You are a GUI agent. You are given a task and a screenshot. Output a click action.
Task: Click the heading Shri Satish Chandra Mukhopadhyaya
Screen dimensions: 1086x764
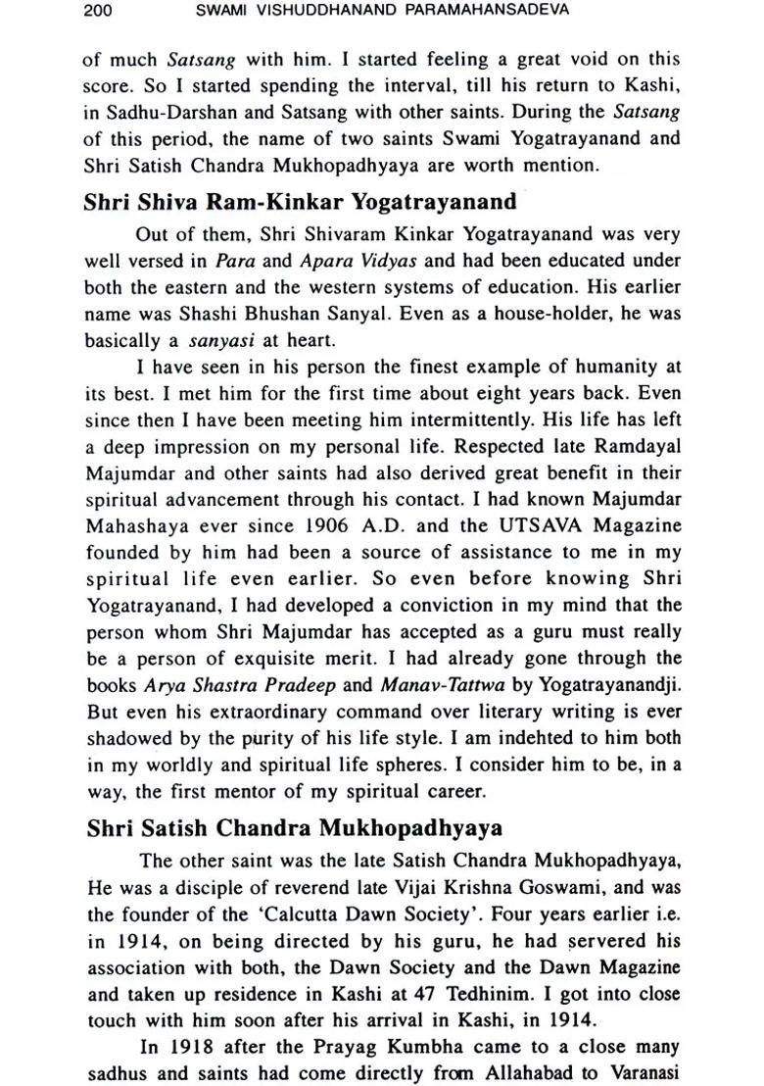point(294,828)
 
